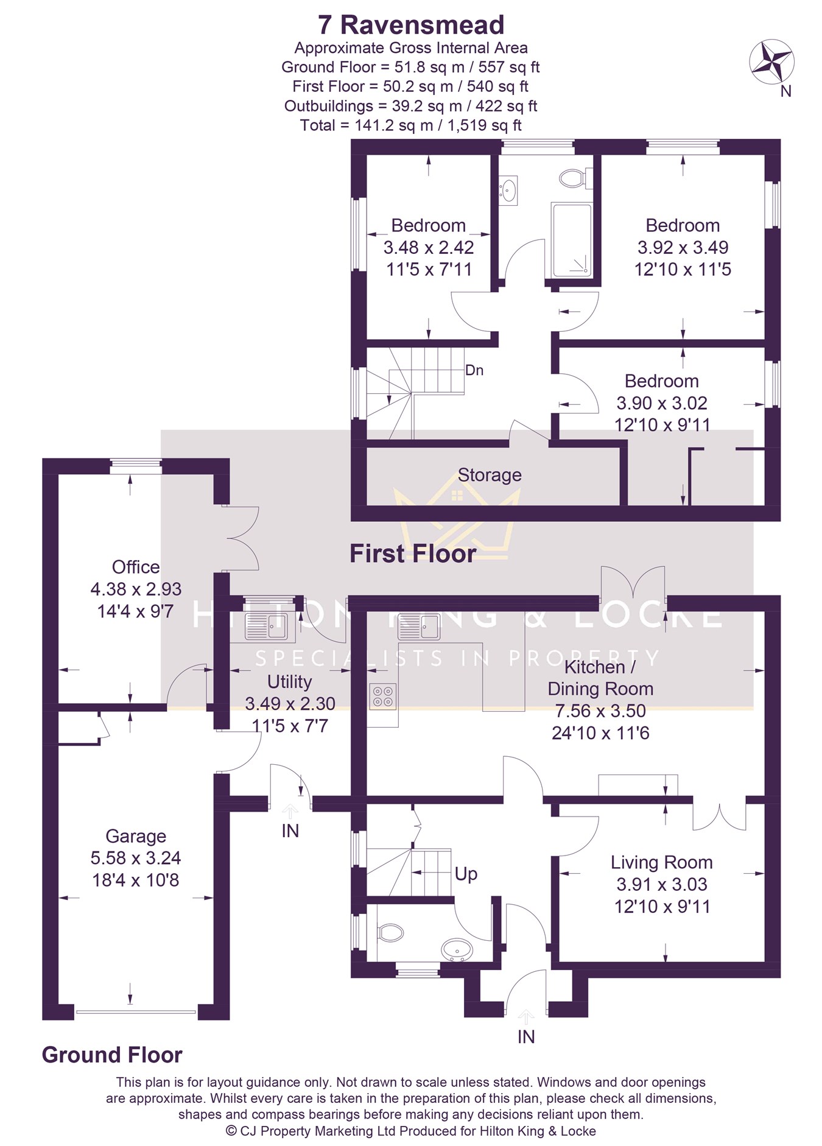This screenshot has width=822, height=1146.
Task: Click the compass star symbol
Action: click(x=771, y=62)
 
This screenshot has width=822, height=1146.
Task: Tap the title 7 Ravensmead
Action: click(x=411, y=25)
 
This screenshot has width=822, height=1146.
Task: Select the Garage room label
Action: click(x=136, y=836)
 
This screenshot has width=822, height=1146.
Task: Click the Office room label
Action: click(x=136, y=567)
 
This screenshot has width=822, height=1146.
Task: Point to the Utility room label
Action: click(x=289, y=681)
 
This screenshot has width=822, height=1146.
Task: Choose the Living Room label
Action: click(x=662, y=862)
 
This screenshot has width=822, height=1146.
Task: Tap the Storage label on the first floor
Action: click(x=490, y=475)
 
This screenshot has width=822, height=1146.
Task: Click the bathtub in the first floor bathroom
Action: click(x=571, y=239)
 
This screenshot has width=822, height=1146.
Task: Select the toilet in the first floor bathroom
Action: click(x=573, y=178)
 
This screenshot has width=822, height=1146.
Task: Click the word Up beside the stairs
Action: click(x=466, y=874)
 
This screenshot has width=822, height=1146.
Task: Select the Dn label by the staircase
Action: click(x=474, y=370)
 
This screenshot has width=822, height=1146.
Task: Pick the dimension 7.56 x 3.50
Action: click(x=600, y=711)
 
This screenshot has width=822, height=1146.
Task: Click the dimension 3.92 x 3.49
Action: click(x=683, y=247)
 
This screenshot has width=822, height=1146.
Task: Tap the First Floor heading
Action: click(x=413, y=554)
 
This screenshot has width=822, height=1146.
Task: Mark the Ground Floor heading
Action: click(x=112, y=1055)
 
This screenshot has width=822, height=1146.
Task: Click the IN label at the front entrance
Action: click(x=526, y=1036)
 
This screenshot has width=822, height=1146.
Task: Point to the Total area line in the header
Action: click(x=411, y=125)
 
